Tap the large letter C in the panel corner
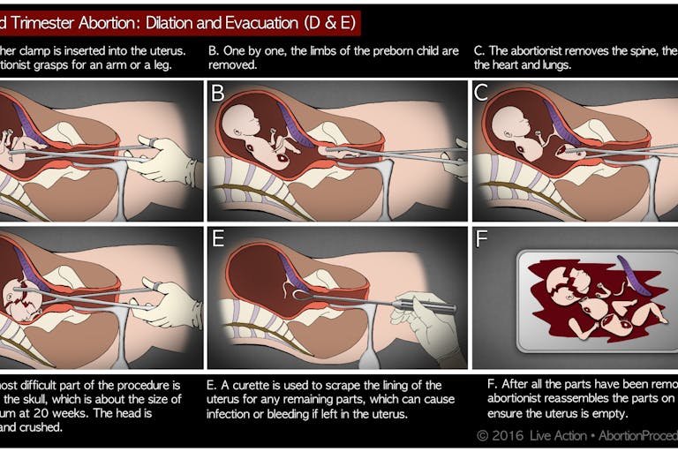[481, 93]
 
